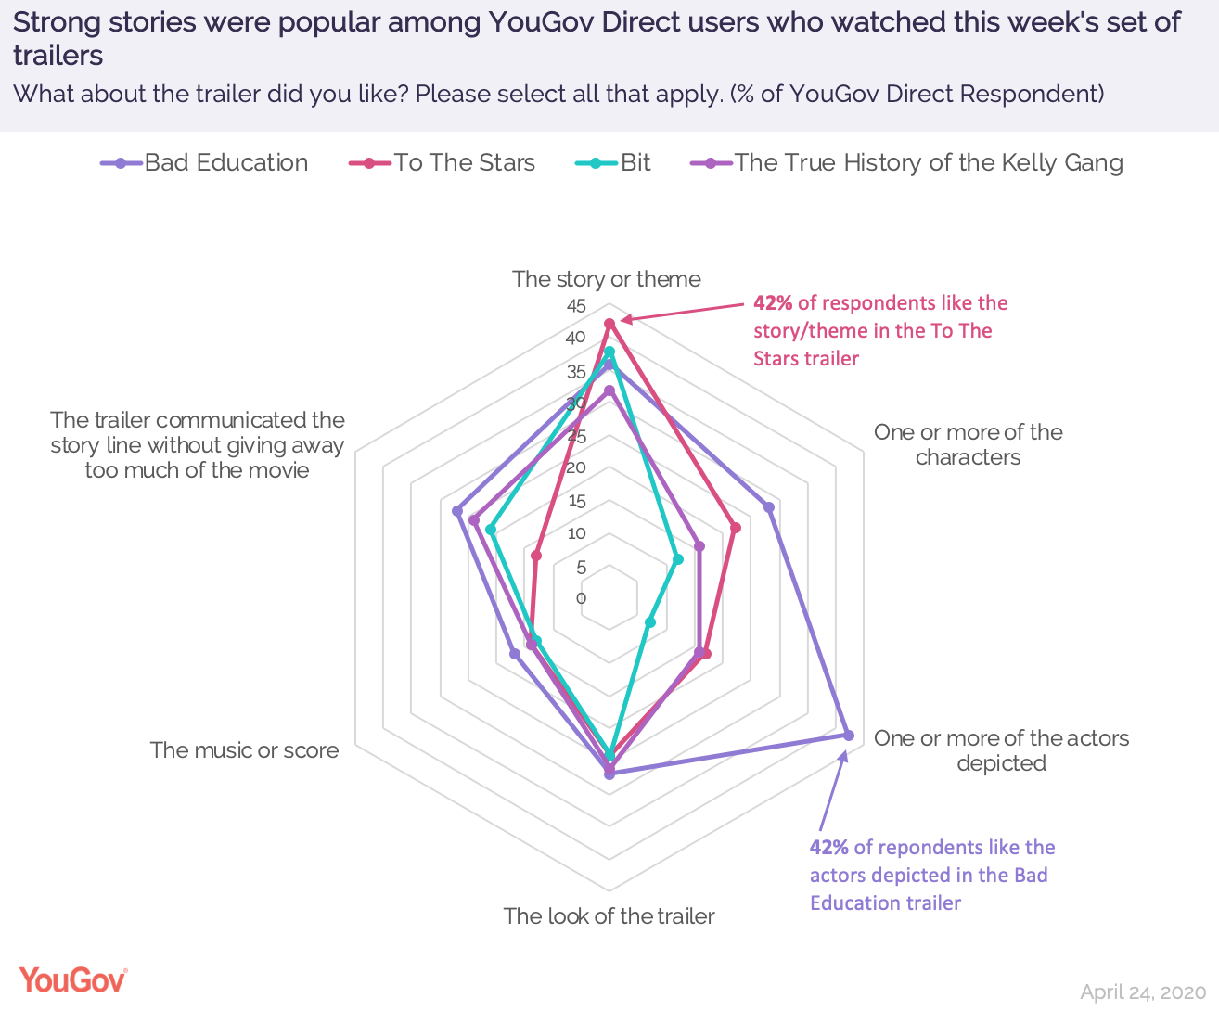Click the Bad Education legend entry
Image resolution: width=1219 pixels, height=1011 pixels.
(x=205, y=163)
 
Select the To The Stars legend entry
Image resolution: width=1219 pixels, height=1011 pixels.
(x=443, y=163)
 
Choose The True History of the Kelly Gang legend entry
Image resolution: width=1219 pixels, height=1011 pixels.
(x=907, y=163)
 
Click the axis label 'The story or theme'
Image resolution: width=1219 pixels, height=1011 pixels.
(x=607, y=279)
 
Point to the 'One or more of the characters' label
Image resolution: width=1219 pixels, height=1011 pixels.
(x=968, y=444)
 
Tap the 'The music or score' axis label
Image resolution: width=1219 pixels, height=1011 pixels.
(x=244, y=750)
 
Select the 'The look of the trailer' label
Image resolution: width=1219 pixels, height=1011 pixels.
(x=609, y=916)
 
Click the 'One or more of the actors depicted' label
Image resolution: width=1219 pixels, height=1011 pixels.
(x=1001, y=750)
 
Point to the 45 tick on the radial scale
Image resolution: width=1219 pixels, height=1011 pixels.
(x=576, y=307)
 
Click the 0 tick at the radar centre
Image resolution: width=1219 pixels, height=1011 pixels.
(x=582, y=598)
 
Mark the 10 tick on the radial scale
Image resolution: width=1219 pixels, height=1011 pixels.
(x=577, y=533)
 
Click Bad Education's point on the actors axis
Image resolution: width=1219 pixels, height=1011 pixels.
(x=848, y=735)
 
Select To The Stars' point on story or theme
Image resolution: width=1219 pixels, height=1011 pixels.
(x=609, y=324)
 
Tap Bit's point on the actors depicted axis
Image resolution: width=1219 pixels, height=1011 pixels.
(x=649, y=621)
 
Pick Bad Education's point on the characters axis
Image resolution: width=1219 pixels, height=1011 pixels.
(x=768, y=506)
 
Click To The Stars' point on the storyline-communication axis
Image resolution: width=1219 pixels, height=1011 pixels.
(x=535, y=556)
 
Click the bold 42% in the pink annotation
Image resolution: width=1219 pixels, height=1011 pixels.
(x=773, y=303)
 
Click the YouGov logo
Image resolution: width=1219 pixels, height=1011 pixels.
(x=72, y=979)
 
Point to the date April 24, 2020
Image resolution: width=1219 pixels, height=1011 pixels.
(x=1143, y=992)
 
